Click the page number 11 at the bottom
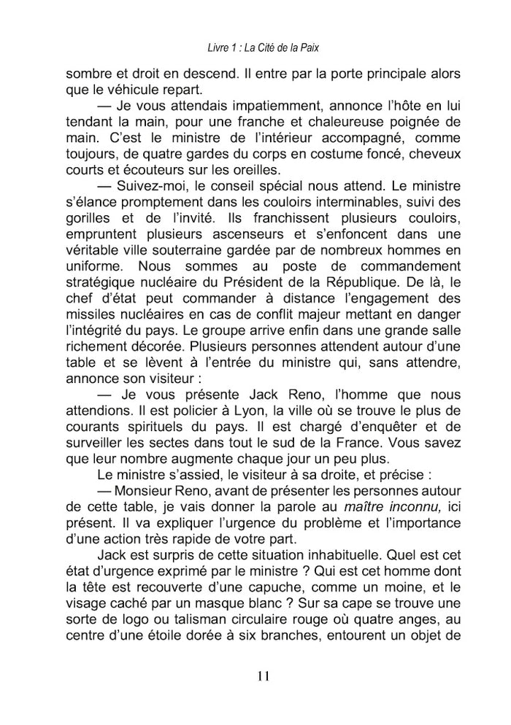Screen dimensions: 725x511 coord(264,675)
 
